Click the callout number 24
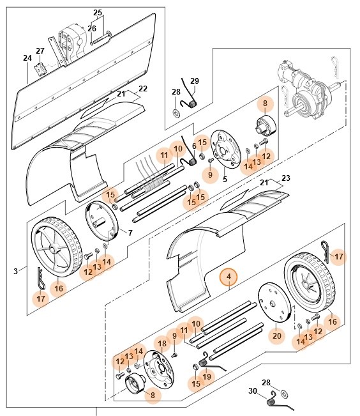pyautogui.click(x=27, y=58)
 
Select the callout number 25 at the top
pyautogui.click(x=98, y=13)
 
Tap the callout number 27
pyautogui.click(x=40, y=50)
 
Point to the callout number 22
pyautogui.click(x=143, y=88)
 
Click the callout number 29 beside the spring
pyautogui.click(x=195, y=81)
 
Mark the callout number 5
pyautogui.click(x=225, y=180)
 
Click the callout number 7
pyautogui.click(x=130, y=233)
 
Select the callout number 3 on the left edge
pyautogui.click(x=15, y=272)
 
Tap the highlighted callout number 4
pyautogui.click(x=228, y=278)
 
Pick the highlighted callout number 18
pyautogui.click(x=162, y=344)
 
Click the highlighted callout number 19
pyautogui.click(x=207, y=377)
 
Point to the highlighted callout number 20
pyautogui.click(x=276, y=335)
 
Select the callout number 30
pyautogui.click(x=253, y=391)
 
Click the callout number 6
pyautogui.click(x=194, y=146)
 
